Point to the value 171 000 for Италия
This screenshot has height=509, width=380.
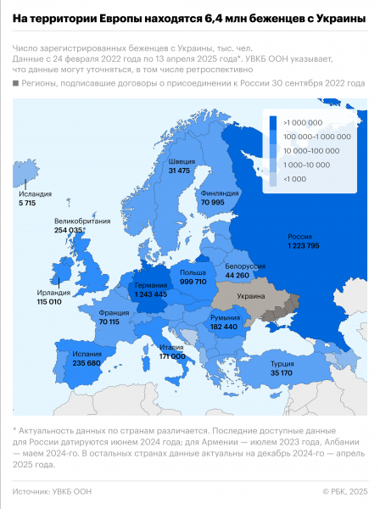[x=172, y=356]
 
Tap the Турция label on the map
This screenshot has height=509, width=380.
[x=282, y=361]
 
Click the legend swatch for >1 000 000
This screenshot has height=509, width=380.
[x=271, y=122]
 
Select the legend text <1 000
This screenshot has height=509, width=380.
[x=299, y=179]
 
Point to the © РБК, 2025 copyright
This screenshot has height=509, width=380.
[x=345, y=491]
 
